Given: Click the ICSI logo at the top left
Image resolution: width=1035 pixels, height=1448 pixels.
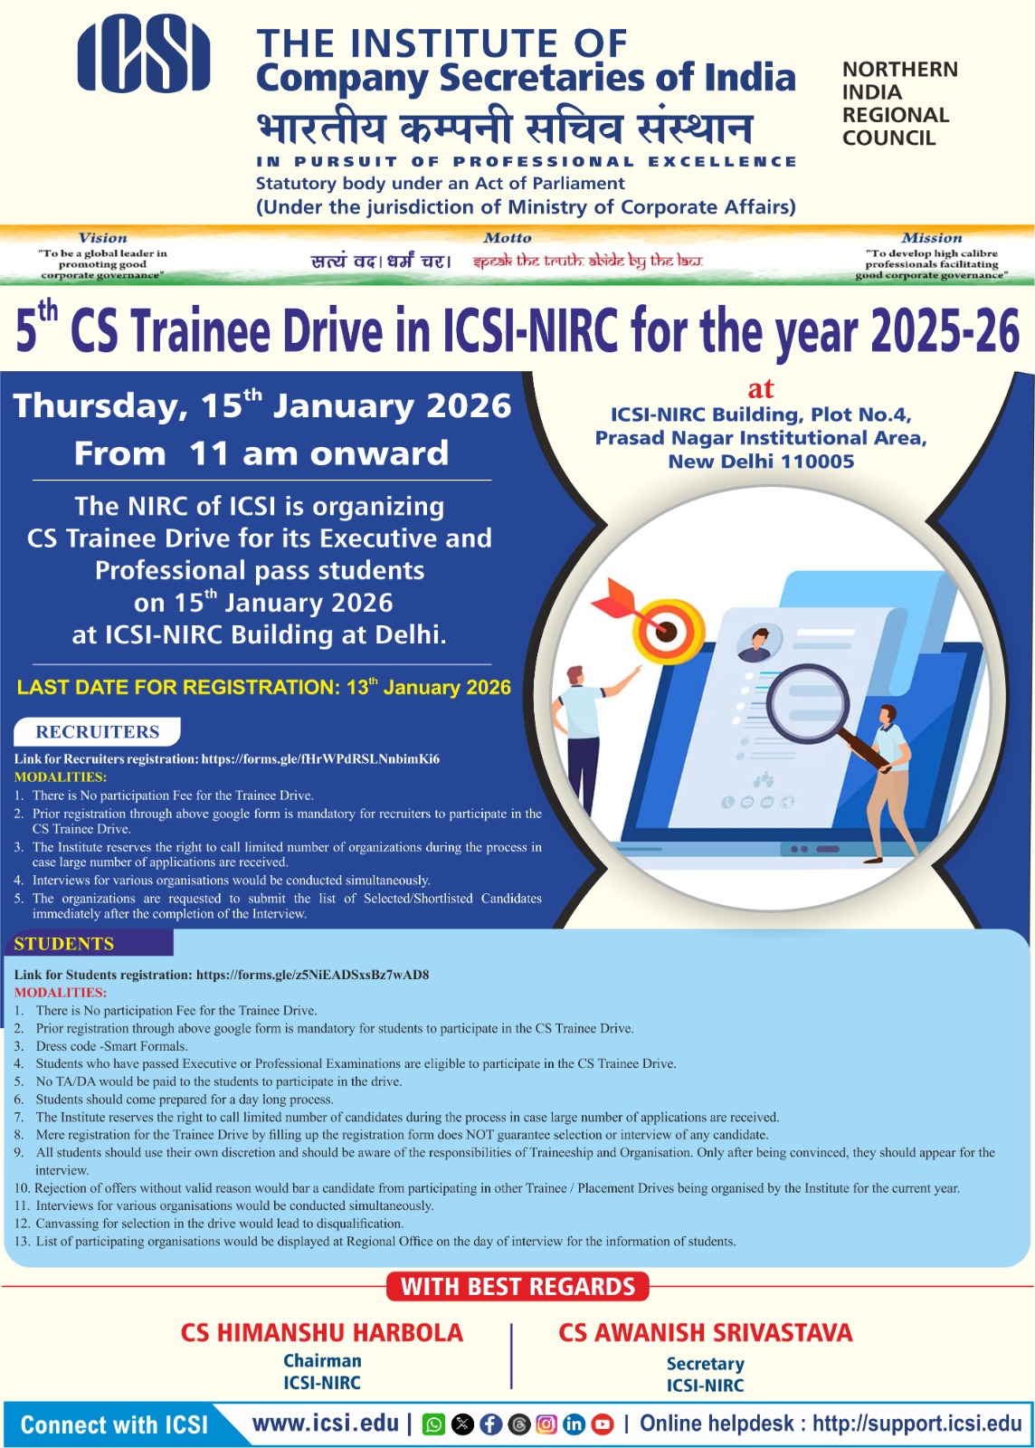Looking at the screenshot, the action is [x=144, y=53].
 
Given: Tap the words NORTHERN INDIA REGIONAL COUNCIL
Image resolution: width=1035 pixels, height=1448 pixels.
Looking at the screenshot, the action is [x=899, y=103].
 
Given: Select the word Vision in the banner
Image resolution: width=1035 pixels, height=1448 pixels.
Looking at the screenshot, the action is [x=103, y=237].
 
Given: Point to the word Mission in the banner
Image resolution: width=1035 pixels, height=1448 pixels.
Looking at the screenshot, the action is [x=932, y=237].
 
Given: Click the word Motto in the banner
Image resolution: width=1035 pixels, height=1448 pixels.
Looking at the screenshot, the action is [x=508, y=237].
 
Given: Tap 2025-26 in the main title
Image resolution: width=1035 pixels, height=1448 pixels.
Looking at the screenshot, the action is [x=945, y=330].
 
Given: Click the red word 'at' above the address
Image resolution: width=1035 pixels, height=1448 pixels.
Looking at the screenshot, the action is [x=761, y=389].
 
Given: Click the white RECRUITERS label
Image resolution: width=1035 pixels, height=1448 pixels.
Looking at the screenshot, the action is [x=97, y=731].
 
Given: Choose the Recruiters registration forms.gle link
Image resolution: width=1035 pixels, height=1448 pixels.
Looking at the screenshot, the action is [x=320, y=759].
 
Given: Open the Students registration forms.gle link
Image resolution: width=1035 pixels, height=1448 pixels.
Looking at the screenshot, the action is [x=313, y=974].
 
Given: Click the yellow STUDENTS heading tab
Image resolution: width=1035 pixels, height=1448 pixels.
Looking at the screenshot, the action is [x=64, y=944].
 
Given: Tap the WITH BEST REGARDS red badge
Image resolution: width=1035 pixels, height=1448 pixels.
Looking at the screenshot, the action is [x=517, y=1286].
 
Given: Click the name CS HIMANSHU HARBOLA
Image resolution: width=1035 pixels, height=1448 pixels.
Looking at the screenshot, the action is [x=322, y=1333].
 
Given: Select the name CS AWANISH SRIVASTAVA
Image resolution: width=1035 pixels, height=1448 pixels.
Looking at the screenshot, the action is [x=706, y=1333].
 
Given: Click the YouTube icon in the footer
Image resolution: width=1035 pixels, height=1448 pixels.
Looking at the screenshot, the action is [x=603, y=1424].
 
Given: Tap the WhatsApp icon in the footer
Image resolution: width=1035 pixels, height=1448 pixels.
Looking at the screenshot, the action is [x=433, y=1424].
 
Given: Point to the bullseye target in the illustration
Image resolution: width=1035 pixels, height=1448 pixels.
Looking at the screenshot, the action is [x=667, y=630].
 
